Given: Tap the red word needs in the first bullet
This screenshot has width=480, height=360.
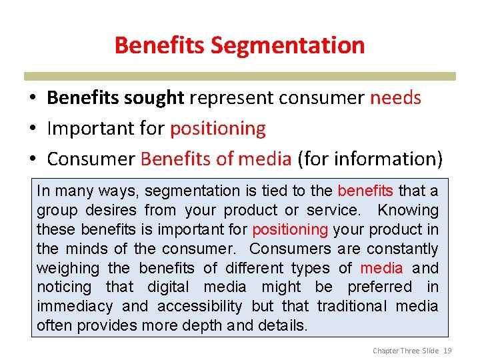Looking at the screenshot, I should click(x=395, y=98).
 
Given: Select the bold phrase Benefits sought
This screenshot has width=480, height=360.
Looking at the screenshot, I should click(x=115, y=98).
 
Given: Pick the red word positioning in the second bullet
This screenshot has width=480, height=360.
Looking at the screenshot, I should click(x=218, y=128).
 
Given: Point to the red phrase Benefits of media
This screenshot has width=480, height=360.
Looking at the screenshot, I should click(x=216, y=159).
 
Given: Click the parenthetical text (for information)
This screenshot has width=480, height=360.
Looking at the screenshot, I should click(x=370, y=159).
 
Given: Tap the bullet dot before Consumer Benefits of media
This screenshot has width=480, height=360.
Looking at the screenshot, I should click(x=33, y=159).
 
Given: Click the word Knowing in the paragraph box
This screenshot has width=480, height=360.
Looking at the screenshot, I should click(x=408, y=211).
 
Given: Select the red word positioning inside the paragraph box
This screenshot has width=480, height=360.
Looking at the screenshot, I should click(x=290, y=230).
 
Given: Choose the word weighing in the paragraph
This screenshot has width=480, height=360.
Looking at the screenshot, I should click(x=68, y=268).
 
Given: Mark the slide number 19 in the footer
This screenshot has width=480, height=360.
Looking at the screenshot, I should click(x=447, y=351).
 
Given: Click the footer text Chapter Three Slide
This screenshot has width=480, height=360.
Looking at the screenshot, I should click(x=405, y=351).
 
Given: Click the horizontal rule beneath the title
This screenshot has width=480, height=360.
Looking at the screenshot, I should click(x=240, y=77).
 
